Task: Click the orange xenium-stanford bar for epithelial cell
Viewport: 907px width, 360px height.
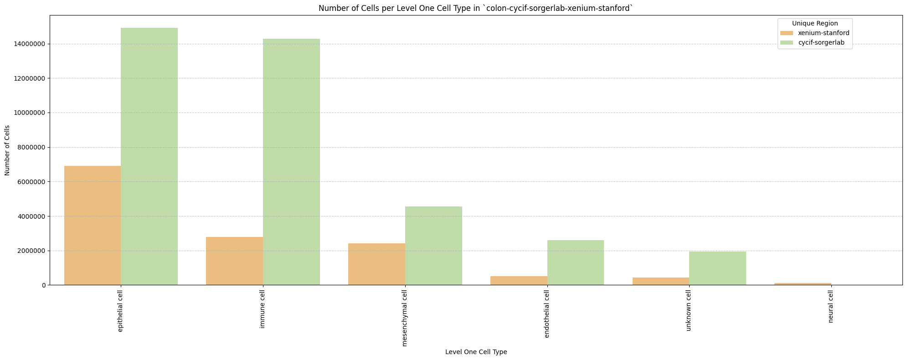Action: [93, 226]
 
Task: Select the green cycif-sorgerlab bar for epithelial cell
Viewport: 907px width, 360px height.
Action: [149, 156]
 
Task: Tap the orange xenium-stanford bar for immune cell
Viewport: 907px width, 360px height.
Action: [235, 261]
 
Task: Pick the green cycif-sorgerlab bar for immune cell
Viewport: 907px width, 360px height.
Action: [292, 162]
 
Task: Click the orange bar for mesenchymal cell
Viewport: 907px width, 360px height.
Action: [377, 264]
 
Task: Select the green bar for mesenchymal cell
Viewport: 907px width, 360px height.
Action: [434, 246]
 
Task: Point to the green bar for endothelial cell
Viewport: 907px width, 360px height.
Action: [576, 262]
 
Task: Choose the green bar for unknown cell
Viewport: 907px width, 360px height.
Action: [718, 268]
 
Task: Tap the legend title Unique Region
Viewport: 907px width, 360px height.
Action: [815, 23]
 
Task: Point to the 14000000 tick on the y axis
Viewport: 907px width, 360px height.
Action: [30, 44]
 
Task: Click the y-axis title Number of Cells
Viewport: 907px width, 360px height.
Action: [7, 150]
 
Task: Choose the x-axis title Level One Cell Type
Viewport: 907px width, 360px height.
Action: [476, 352]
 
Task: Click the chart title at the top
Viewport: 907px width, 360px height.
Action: [476, 8]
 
